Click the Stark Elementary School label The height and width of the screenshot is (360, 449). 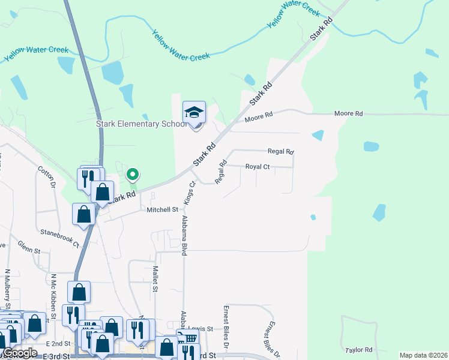pos(142,124)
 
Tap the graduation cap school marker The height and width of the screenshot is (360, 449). pos(194,113)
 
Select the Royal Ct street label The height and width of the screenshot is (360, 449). pos(258,167)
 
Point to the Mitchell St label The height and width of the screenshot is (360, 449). pos(163,209)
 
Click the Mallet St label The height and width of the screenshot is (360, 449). pos(154,279)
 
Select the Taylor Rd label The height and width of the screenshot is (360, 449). pos(359,349)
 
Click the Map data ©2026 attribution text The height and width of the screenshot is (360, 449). pos(423,355)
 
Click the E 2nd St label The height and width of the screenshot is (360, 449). pos(58,344)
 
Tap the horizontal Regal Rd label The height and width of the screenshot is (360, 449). pos(280,152)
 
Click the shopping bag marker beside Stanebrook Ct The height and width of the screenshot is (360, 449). pos(83,214)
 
